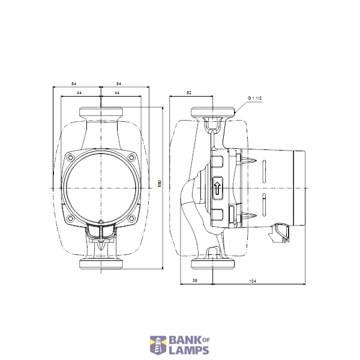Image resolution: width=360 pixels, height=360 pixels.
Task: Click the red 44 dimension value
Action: coord(79,94)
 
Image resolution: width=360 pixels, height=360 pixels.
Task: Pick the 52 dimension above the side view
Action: coord(189,93)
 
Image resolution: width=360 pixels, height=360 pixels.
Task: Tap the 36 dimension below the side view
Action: coord(196,280)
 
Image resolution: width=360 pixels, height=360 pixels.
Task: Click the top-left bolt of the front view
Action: coord(71,158)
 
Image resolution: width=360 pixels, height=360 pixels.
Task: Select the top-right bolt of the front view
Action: coord(131,158)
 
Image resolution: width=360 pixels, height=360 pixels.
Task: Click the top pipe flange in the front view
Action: coord(101,112)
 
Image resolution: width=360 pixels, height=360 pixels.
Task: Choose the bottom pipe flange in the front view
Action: coord(101,265)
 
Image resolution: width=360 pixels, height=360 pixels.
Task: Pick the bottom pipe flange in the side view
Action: coord(213,265)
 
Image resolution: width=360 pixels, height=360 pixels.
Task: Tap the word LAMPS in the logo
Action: coord(188,350)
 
